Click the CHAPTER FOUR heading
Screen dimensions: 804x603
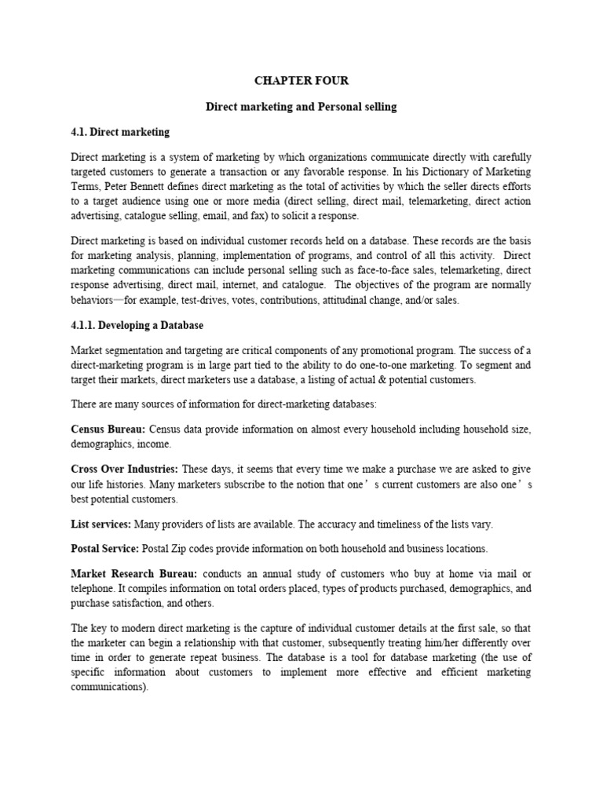[301, 81]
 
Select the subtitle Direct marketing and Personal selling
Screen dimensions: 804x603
[301, 106]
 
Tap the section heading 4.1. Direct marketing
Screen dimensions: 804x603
[120, 131]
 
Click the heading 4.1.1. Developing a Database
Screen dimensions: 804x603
[137, 325]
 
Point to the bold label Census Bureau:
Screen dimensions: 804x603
[108, 430]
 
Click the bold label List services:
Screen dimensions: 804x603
[101, 524]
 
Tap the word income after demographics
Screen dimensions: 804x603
[155, 444]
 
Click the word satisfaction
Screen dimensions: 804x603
[145, 603]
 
